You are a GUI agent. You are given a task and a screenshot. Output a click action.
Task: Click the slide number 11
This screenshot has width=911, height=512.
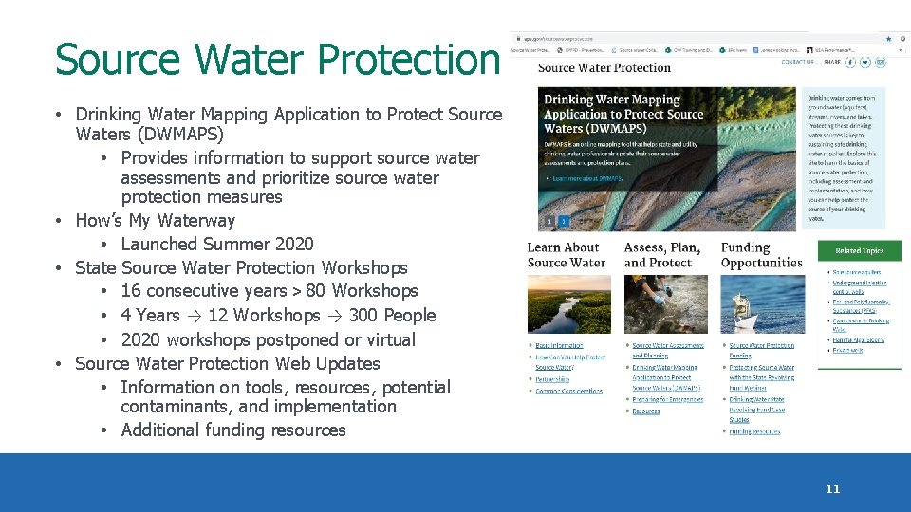[832, 489]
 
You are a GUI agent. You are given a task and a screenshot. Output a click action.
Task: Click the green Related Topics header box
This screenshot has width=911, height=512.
[859, 251]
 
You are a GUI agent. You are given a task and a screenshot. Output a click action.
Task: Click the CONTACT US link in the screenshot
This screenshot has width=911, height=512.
[797, 62]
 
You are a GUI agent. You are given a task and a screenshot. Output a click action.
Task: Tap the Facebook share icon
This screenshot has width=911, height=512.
[850, 62]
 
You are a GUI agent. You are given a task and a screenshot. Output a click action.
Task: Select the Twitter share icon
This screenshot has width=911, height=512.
[865, 62]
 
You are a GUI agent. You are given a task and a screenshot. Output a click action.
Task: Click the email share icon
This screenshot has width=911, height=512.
[880, 62]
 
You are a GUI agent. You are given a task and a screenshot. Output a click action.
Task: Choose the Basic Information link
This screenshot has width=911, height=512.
[559, 345]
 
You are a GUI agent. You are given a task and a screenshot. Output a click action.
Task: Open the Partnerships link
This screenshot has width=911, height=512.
[552, 379]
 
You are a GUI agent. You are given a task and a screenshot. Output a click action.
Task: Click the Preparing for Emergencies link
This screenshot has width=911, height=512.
[668, 400]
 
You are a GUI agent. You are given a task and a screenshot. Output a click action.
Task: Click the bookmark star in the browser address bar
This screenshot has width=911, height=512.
[888, 38]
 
